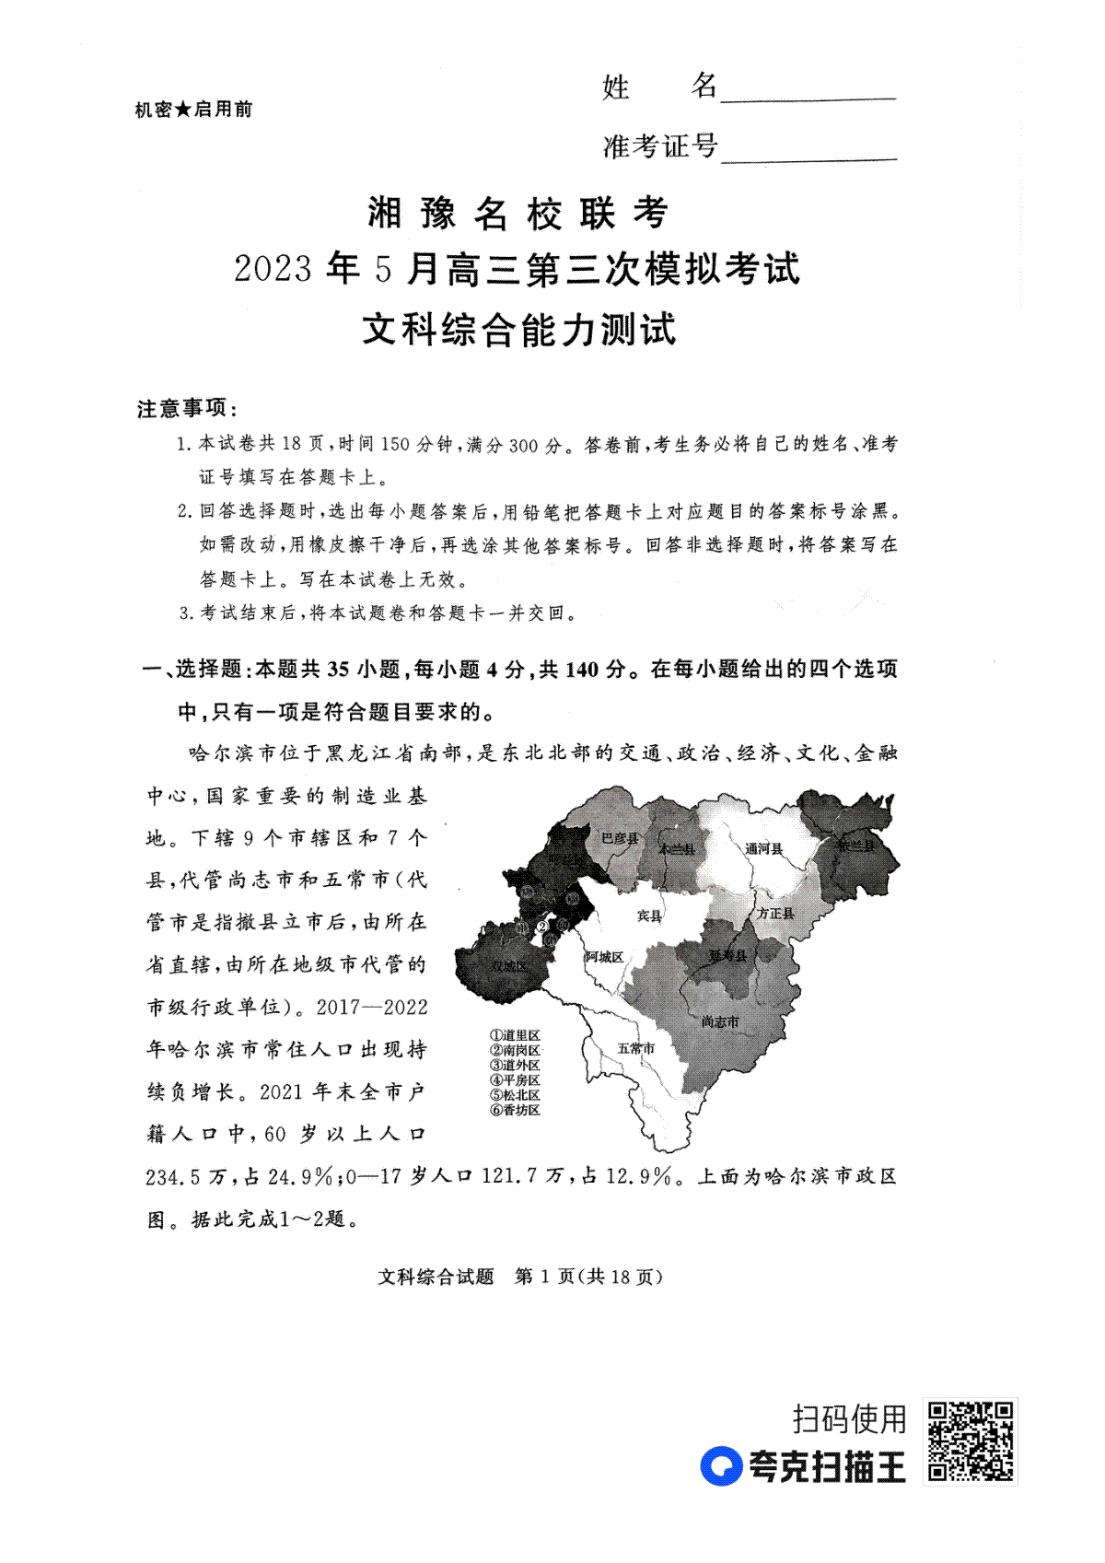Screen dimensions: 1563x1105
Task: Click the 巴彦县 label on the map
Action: pos(619,837)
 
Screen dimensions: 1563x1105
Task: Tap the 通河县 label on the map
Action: pos(763,847)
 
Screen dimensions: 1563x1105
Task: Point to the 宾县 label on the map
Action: pos(649,916)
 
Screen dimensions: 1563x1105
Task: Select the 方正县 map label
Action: pos(775,913)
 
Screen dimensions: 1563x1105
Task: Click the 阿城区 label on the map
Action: pos(604,957)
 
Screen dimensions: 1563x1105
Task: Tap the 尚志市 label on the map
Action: pos(719,1021)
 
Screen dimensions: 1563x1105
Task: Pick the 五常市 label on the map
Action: pos(635,1048)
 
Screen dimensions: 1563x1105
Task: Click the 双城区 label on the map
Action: pos(507,966)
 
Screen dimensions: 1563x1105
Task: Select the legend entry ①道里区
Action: pos(515,1036)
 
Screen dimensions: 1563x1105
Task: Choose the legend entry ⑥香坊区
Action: pos(515,1110)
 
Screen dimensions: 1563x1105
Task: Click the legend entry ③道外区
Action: pos(515,1066)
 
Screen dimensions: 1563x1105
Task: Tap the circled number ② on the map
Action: pos(542,926)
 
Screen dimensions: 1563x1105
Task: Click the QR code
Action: pos(970,1441)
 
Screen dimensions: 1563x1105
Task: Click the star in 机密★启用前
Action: pos(183,110)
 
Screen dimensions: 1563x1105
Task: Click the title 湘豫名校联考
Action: pos(518,214)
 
